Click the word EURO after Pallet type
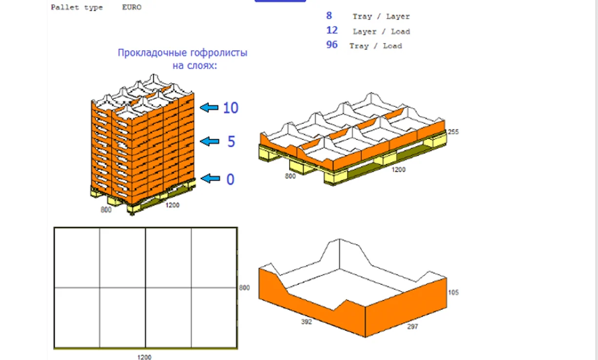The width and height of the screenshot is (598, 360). tap(132, 7)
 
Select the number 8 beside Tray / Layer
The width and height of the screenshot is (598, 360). tap(329, 16)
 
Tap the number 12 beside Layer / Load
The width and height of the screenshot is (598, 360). tap(332, 30)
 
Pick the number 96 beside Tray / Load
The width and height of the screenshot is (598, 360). tap(332, 44)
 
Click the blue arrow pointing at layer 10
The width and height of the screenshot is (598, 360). tap(209, 107)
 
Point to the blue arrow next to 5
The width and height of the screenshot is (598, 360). tap(209, 141)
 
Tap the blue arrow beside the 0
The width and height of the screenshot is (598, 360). tap(210, 179)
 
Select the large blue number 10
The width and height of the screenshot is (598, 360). tap(230, 108)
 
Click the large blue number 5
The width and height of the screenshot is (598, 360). tap(231, 141)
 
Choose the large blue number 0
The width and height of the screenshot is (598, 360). tap(230, 180)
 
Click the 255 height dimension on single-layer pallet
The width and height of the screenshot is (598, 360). tap(453, 132)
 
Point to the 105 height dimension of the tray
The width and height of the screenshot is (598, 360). tap(454, 293)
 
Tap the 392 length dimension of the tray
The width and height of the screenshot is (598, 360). tap(307, 322)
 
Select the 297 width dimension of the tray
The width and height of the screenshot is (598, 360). tap(412, 327)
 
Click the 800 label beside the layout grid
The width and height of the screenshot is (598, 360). tap(244, 288)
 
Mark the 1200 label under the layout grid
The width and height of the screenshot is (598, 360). tap(144, 357)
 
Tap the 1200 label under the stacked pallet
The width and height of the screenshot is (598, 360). tap(172, 205)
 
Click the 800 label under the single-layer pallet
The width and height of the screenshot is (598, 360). tap(290, 176)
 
